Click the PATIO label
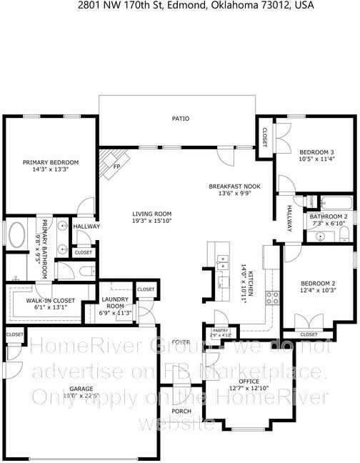click(x=180, y=118)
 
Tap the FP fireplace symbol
click(x=116, y=166)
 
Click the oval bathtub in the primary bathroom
click(x=16, y=234)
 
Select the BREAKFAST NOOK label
click(x=234, y=186)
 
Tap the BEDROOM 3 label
click(x=316, y=152)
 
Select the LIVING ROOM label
click(x=152, y=213)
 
